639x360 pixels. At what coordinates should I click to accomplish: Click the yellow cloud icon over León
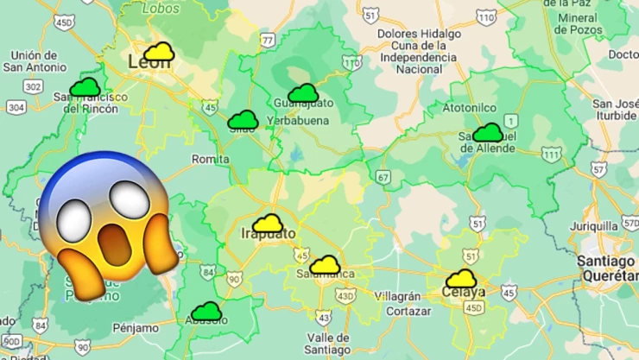pos(159,53)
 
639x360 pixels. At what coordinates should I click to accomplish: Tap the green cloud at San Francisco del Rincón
pos(85,87)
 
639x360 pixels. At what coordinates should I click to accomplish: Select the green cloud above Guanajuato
pos(303,93)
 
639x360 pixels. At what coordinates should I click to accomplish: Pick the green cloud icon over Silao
pos(244,120)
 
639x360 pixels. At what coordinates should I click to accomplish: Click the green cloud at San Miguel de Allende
pos(488,132)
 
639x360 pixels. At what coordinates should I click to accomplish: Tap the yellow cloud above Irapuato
pos(268,223)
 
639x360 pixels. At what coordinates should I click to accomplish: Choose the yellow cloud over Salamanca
pos(326,265)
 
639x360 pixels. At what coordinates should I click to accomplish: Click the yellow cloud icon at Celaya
pos(462,279)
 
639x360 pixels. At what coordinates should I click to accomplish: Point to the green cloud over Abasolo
pos(206,311)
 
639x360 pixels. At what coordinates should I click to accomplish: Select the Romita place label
pos(211,159)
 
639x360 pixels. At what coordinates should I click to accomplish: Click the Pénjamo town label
pos(136,328)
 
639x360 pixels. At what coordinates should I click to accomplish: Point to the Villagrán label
pos(398,295)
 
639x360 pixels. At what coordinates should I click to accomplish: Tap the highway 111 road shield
pos(550,154)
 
